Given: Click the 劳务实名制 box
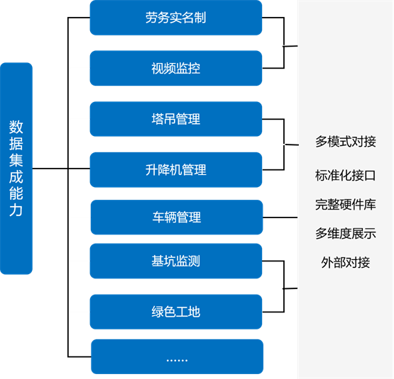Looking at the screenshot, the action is point(176,18).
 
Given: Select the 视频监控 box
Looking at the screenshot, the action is point(176,68).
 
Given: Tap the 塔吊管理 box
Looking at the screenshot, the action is point(176,119).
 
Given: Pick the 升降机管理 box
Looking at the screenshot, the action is point(176,170).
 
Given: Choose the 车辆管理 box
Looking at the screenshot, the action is point(177,217).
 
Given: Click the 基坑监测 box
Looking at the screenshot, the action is point(176,261).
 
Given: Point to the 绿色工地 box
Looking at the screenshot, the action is point(176,312).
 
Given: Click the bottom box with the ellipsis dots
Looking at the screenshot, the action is point(177,356).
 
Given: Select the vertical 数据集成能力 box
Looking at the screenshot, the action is point(16,169).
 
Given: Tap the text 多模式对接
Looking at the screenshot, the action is point(346,142).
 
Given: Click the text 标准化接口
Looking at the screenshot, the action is point(346,175).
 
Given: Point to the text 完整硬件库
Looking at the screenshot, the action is point(346,205).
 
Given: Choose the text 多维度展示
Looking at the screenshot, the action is point(346,234).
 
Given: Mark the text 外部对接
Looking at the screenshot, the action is point(346,263).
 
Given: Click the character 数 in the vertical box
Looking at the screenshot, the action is point(16,127).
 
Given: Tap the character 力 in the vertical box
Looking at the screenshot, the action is point(16,210).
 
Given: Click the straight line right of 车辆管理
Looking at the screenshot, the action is point(280,217).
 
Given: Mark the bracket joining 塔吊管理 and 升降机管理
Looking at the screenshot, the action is point(284,145).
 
